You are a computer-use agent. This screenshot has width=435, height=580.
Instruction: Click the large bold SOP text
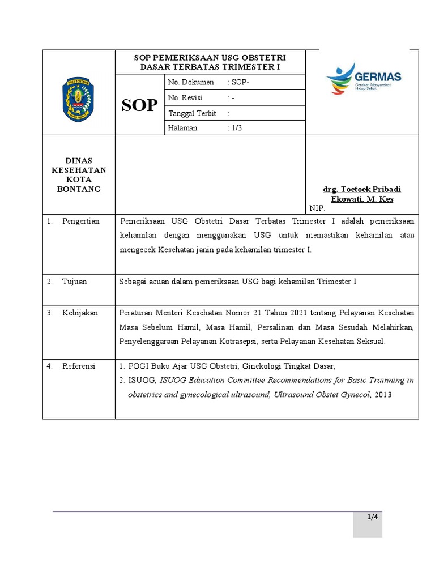(140, 105)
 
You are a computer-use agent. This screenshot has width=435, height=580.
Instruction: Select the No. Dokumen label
(191, 83)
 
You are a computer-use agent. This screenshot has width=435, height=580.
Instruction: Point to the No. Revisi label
(185, 98)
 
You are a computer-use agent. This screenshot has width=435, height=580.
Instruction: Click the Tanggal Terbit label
(192, 113)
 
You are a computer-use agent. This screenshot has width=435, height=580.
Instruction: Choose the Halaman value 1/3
(235, 128)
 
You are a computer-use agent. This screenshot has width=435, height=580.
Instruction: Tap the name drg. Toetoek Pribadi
(362, 189)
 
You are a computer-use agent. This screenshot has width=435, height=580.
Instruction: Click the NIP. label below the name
(317, 208)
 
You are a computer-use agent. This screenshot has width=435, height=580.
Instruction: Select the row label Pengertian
(80, 221)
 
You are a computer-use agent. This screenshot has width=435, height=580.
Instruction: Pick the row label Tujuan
(74, 282)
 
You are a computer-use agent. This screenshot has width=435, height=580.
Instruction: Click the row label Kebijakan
(80, 313)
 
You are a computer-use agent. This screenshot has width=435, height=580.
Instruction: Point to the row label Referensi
(79, 366)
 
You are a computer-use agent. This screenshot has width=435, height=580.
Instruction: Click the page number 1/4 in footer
(372, 517)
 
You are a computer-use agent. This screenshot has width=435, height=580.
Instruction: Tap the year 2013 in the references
(382, 394)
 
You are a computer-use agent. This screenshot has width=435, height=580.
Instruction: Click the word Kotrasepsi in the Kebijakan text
(236, 342)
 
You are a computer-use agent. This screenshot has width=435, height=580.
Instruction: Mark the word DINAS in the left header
(79, 161)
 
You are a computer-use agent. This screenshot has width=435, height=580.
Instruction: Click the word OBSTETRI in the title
(263, 58)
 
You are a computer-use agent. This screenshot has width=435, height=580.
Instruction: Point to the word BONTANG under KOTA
(79, 189)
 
